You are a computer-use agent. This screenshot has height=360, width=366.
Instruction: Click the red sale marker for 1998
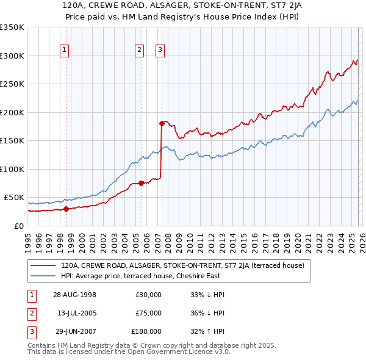tap(66, 209)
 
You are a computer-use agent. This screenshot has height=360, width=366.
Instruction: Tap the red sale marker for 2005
tap(141, 183)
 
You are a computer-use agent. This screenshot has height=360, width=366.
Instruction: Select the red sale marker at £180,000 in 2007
tap(162, 123)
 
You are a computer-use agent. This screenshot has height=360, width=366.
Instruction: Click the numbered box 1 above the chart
tap(65, 50)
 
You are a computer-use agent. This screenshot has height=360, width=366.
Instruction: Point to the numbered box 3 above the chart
tap(160, 50)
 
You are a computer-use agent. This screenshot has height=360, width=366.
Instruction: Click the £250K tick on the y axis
tap(12, 84)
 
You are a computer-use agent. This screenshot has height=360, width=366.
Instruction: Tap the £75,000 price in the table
tap(148, 313)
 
